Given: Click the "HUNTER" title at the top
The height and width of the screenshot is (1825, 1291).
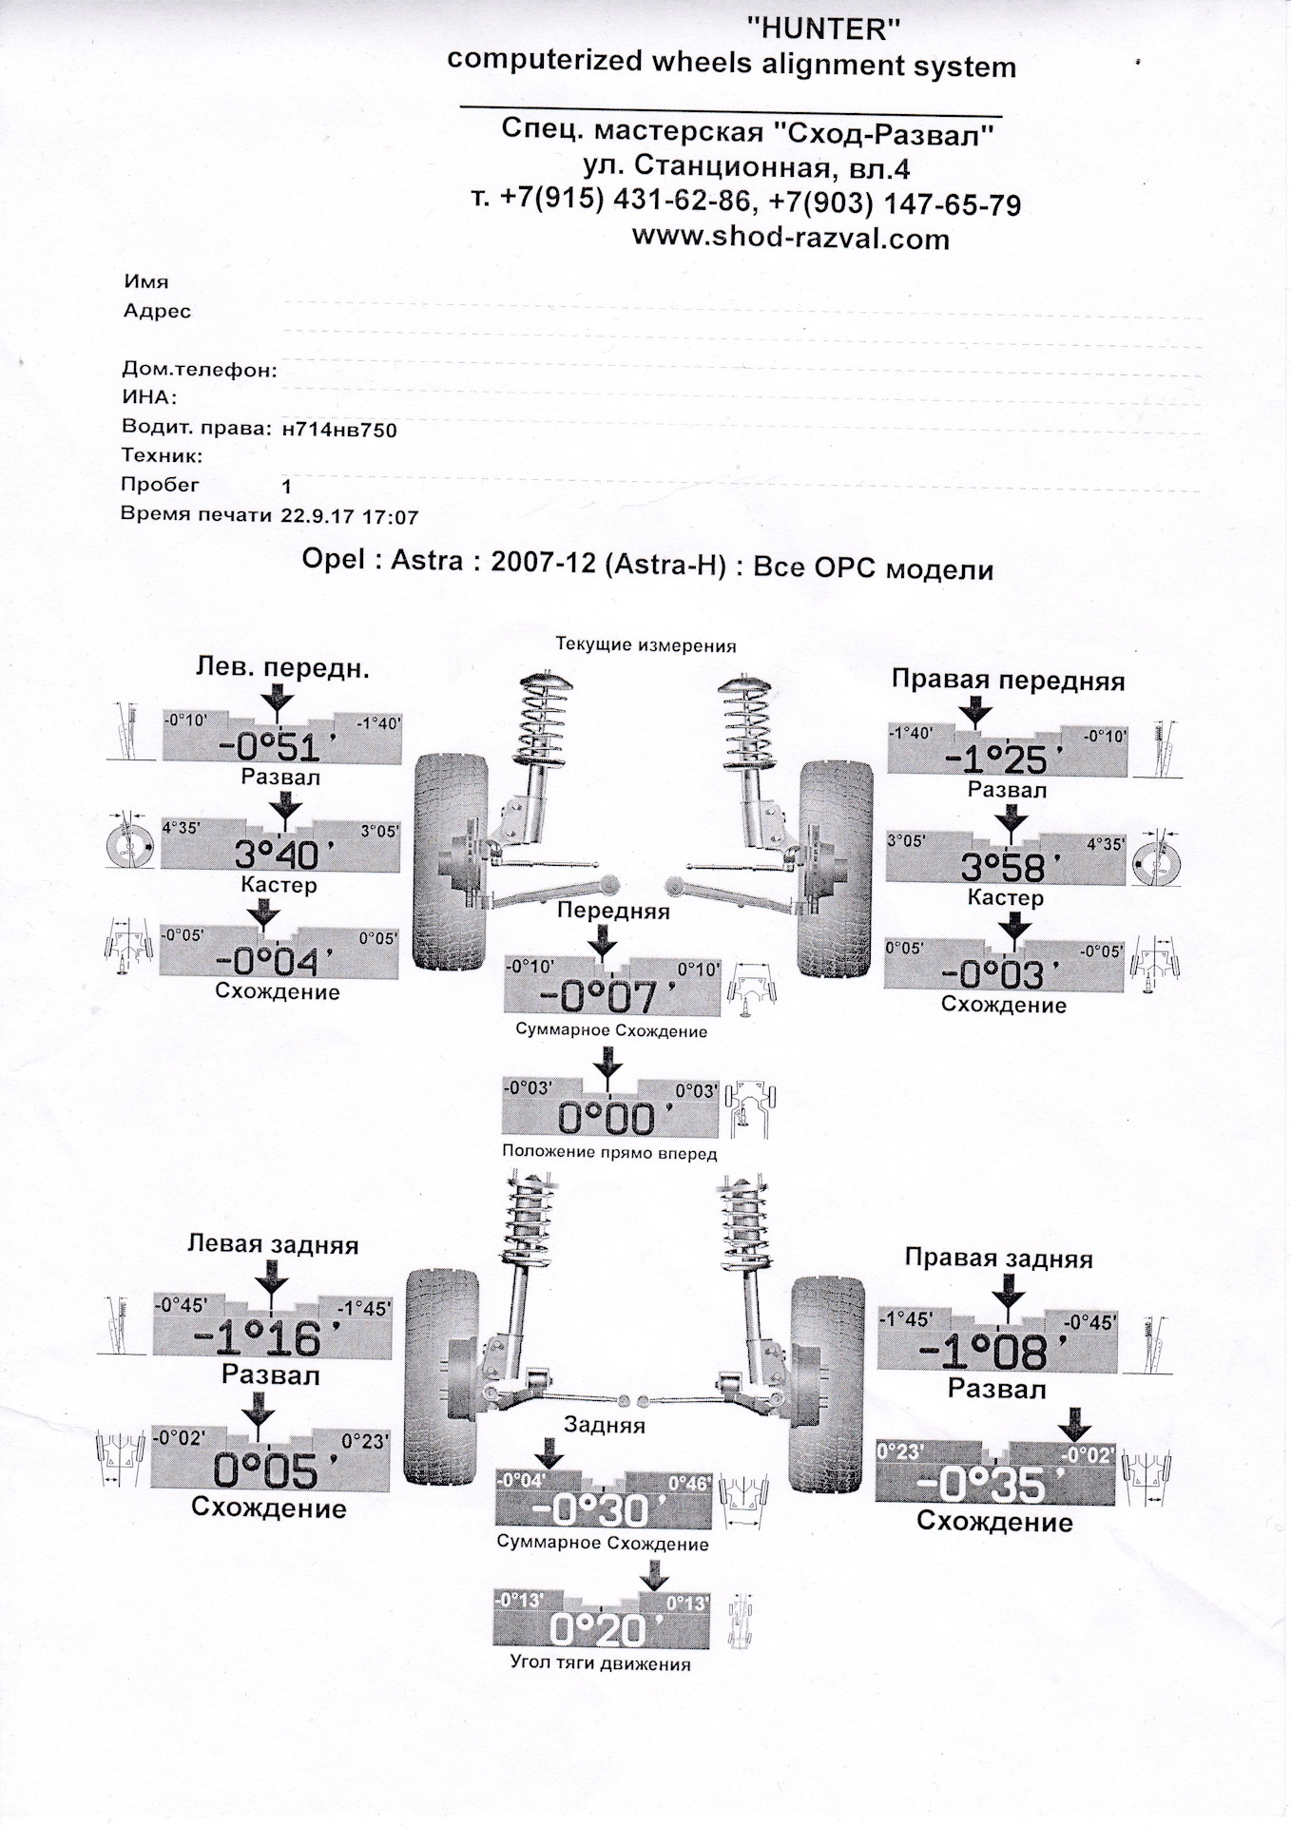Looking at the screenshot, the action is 823,30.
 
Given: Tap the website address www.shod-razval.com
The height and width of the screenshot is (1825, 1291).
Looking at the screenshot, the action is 790,238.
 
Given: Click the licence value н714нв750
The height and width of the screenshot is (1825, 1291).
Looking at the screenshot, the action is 339,430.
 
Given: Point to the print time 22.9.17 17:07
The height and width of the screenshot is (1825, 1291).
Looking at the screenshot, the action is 350,517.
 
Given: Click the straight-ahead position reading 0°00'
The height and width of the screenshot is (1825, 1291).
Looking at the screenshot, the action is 607,1119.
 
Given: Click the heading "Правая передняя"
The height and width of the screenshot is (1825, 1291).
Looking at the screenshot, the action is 1008,681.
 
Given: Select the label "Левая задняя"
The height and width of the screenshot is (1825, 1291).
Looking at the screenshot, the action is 272,1244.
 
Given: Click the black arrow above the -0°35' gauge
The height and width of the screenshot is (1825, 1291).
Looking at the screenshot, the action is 1075,1423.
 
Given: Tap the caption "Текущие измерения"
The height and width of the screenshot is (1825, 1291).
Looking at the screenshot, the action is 645,645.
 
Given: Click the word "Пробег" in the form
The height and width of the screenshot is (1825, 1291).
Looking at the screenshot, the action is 160,484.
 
